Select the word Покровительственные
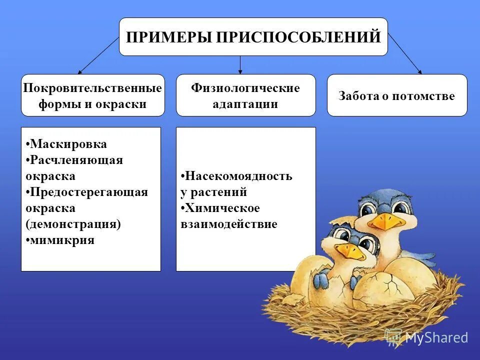tap(93, 88)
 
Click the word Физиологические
tap(245, 88)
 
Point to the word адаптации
tap(245, 104)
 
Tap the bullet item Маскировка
tap(68, 144)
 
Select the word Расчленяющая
tap(76, 160)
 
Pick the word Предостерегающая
tap(88, 192)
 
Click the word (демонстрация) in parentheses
tap(73, 224)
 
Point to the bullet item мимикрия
tap(62, 240)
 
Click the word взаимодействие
tap(229, 224)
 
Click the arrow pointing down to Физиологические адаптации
tap(240, 65)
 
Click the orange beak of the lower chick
tap(351, 251)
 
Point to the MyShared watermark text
tap(436, 337)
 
